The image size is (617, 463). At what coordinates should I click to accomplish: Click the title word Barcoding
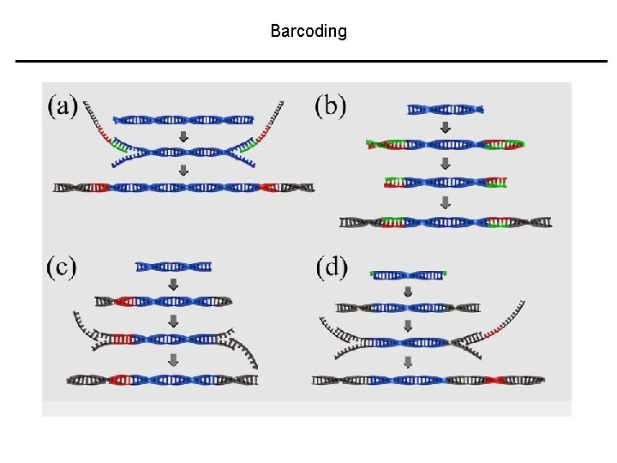tap(308, 32)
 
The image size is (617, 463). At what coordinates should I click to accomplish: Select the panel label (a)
tap(63, 106)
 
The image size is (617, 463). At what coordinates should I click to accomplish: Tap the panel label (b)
tap(331, 106)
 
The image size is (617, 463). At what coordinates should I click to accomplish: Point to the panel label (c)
tap(62, 267)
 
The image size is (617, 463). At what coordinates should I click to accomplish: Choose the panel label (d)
tap(332, 267)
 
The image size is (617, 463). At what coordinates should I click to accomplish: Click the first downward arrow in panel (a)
tap(183, 136)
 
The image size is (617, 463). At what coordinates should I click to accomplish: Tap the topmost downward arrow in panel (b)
tap(445, 128)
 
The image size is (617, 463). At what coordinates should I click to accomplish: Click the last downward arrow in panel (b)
tap(445, 203)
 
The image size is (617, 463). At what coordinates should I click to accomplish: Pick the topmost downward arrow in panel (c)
tap(173, 284)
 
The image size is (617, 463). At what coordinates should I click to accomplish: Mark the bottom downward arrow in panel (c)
tap(173, 361)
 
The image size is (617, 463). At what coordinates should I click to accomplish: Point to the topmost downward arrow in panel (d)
tap(408, 292)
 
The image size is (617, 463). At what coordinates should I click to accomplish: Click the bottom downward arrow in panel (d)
tap(408, 361)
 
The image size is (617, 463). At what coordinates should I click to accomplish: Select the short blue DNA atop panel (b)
tap(446, 109)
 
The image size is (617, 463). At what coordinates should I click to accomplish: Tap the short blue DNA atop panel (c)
tap(173, 267)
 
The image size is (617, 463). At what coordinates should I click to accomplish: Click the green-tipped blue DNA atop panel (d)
tap(409, 274)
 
